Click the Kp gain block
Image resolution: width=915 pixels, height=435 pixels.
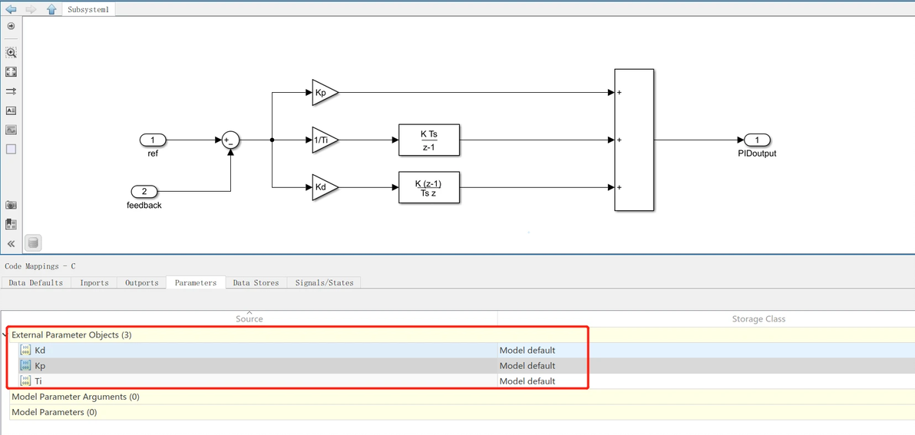tap(322, 93)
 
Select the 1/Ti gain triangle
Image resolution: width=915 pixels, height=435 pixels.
tap(323, 140)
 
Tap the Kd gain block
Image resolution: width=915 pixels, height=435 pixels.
tap(322, 187)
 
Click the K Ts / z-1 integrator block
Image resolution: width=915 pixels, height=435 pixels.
tap(428, 140)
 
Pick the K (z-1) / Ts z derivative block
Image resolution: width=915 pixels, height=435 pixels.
tap(428, 187)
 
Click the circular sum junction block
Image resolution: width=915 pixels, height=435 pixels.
tap(230, 140)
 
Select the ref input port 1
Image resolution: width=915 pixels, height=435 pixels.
tap(153, 140)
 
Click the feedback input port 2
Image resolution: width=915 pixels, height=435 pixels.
tap(144, 191)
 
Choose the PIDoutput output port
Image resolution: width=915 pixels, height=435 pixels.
tap(757, 140)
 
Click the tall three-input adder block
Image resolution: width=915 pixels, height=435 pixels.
tap(634, 140)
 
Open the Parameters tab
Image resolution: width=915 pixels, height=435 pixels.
tap(196, 283)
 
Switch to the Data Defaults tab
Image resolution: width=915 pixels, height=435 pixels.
tap(36, 283)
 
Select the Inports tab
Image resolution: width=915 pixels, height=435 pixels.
tap(94, 283)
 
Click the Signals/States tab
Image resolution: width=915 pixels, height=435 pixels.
tap(324, 283)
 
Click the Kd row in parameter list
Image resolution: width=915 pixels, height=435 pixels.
tap(40, 351)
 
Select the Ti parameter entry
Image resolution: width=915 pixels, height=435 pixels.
tap(38, 381)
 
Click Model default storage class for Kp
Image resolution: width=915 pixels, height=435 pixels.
tap(527, 366)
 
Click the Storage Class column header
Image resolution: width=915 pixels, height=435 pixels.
tap(758, 319)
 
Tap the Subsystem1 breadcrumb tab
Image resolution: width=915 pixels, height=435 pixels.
tap(91, 9)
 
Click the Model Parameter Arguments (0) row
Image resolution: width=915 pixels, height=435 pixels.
tap(75, 397)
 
